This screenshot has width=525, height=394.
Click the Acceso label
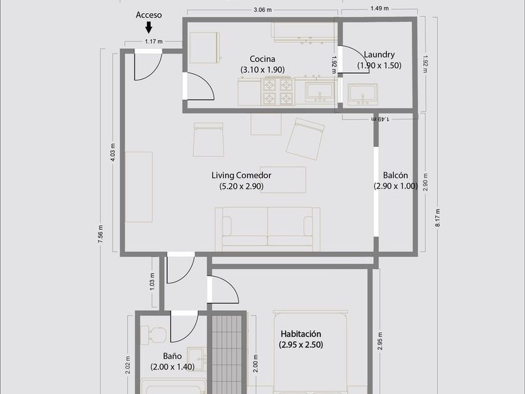[x=149, y=15]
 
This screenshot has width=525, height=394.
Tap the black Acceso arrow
[x=149, y=27]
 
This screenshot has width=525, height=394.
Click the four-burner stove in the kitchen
[x=277, y=91]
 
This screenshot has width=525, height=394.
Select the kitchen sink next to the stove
[x=319, y=92]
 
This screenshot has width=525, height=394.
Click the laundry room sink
[x=362, y=94]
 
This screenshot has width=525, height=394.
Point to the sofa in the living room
[x=267, y=229]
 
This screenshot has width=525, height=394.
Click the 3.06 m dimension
[x=262, y=10]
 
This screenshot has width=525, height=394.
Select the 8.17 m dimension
[x=437, y=218]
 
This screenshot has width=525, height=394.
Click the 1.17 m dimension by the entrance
[x=154, y=41]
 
